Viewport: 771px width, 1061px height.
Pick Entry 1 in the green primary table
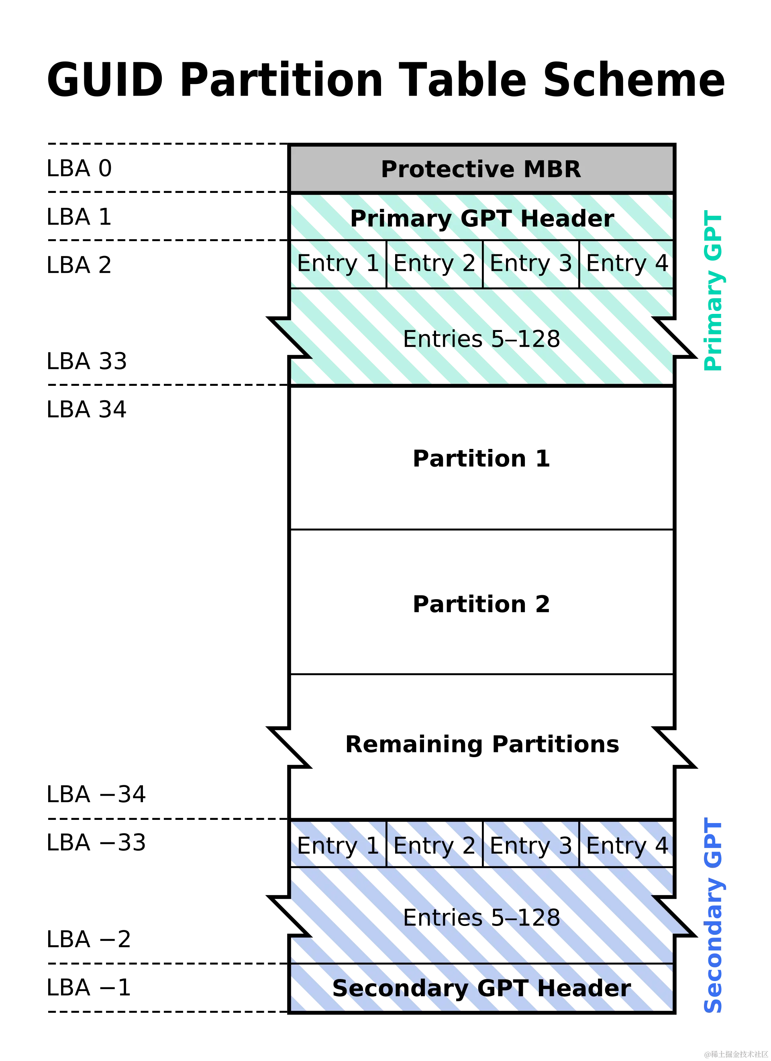[x=338, y=264]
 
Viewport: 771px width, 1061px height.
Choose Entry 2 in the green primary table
[x=435, y=264]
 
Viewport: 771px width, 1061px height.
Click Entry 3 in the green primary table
[x=531, y=264]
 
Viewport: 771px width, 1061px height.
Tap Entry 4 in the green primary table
[x=626, y=264]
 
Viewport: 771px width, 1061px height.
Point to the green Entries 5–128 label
[x=481, y=339]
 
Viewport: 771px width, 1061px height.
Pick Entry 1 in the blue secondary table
[x=338, y=846]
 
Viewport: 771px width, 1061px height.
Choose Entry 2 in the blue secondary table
[x=435, y=846]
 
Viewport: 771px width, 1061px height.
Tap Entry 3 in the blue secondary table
[x=531, y=846]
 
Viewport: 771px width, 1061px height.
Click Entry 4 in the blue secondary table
[x=626, y=846]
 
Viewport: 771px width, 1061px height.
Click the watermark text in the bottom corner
[x=736, y=1053]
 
